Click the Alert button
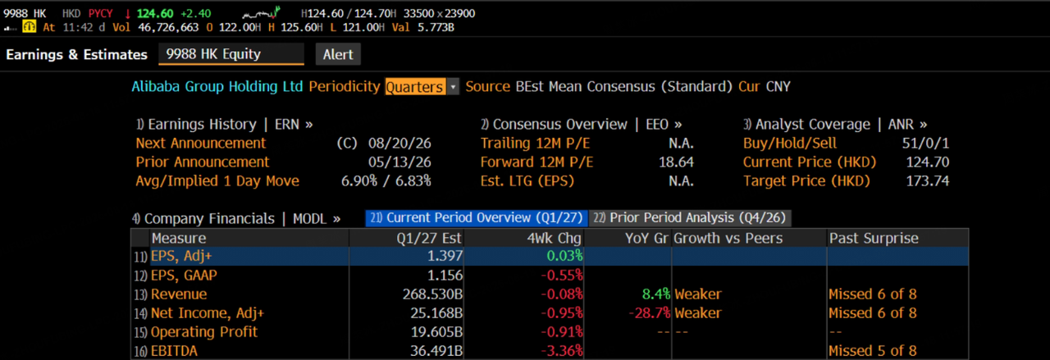tap(338, 54)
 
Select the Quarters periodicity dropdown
tap(422, 87)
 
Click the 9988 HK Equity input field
tap(231, 54)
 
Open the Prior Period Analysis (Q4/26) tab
tap(690, 218)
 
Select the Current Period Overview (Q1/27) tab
tap(477, 218)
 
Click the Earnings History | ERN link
tap(225, 124)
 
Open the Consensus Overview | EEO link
tap(582, 124)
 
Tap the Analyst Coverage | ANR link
tap(835, 124)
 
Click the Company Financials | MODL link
tap(235, 219)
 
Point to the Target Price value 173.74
tap(927, 181)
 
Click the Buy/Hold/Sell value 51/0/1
tap(925, 143)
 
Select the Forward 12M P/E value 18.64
tap(676, 162)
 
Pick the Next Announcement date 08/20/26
tap(399, 143)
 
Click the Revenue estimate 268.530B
tap(432, 294)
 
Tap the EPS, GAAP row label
tap(184, 276)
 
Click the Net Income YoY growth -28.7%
tap(649, 313)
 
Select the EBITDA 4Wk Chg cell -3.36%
tap(562, 351)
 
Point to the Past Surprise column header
tap(874, 238)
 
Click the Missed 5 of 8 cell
tap(872, 351)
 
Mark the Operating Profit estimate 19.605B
tap(436, 332)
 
